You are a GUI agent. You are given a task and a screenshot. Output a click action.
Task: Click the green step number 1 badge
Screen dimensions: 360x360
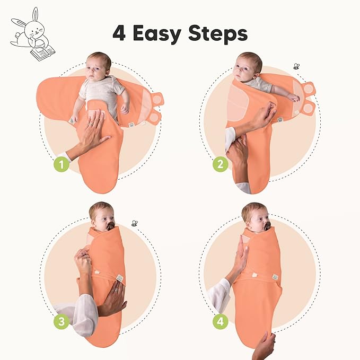click(x=62, y=165)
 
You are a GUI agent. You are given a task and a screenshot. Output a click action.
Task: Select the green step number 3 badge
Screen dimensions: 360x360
click(x=62, y=322)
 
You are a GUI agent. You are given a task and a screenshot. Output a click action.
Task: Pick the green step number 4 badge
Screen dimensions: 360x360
click(x=221, y=321)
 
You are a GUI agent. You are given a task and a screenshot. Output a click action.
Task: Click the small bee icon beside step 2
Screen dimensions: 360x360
click(x=296, y=66)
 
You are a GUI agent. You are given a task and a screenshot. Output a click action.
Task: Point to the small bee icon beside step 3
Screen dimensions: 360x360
click(x=135, y=223)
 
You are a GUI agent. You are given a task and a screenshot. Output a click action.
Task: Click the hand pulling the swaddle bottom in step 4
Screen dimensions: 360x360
click(x=264, y=345)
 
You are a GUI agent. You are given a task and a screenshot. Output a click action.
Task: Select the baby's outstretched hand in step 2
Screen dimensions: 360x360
click(x=292, y=97)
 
